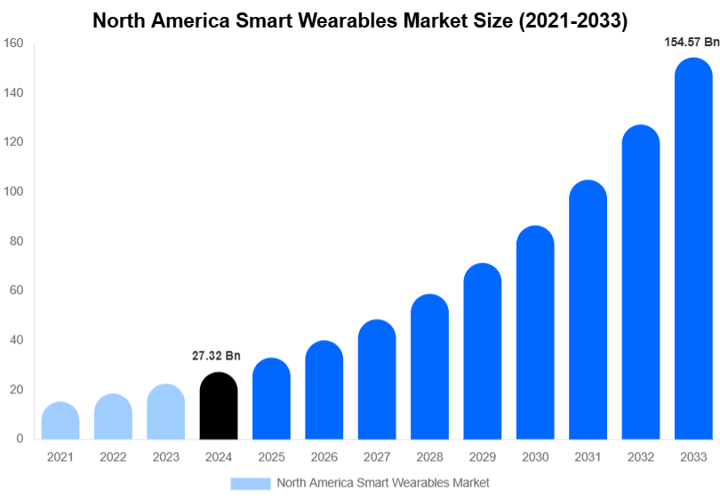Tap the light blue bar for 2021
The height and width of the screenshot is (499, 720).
pos(60,421)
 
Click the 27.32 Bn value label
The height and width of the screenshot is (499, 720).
pos(216,356)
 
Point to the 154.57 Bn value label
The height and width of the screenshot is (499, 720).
pos(692,42)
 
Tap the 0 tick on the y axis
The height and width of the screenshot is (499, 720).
pos(19,439)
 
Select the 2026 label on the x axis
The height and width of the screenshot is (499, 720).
pos(324,457)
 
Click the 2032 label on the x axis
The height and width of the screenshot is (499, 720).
pos(641,457)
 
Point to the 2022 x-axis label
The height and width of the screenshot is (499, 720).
pos(113,457)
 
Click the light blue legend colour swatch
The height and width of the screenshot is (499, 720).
pos(250,483)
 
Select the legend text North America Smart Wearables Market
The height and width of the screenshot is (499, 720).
pos(383,483)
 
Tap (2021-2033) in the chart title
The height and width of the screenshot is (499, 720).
pos(571,20)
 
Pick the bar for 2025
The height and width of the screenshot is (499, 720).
pos(271,399)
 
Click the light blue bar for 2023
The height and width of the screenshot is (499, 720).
pos(166,412)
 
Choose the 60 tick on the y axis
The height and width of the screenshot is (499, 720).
pos(15,290)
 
